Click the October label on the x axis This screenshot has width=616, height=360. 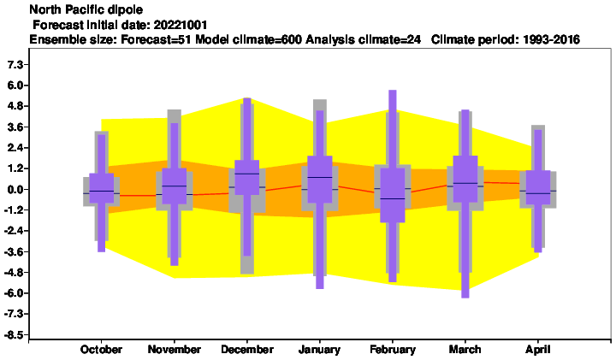click(x=101, y=350)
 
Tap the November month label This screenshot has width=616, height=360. click(x=174, y=350)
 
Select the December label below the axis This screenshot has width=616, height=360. click(x=247, y=350)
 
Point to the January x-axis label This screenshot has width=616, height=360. click(x=319, y=350)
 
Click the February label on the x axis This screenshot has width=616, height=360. click(x=393, y=350)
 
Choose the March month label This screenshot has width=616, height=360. click(x=465, y=350)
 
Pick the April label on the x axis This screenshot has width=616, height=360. click(x=538, y=350)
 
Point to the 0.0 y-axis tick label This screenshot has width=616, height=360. click(x=16, y=189)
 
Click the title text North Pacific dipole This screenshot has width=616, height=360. click(x=86, y=9)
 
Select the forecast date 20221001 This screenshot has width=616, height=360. click(x=181, y=25)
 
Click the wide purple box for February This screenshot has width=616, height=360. click(x=393, y=195)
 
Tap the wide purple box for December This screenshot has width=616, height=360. click(x=247, y=177)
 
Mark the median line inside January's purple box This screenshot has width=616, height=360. click(x=320, y=178)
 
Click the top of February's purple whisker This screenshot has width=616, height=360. click(x=393, y=91)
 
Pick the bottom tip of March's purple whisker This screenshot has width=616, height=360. click(x=465, y=298)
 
